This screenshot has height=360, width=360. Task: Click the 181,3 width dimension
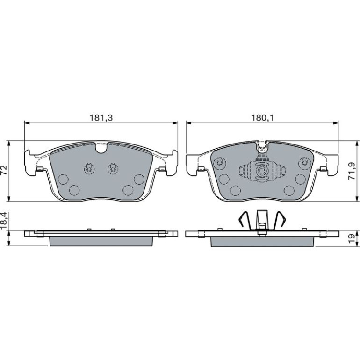101,118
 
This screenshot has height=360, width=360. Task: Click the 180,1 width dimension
263,118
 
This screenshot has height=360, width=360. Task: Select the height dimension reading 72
4,170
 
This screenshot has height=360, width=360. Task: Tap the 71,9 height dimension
352,171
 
